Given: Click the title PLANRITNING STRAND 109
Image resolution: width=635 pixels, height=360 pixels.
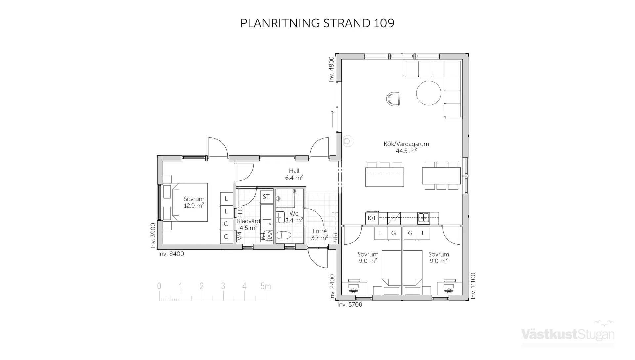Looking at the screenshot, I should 317,23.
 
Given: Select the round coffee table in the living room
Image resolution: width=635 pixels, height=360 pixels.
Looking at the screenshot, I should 428,93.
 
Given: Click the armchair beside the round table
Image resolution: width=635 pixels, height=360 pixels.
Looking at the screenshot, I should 393,99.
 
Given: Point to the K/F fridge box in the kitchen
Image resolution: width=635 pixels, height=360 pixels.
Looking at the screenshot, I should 372,218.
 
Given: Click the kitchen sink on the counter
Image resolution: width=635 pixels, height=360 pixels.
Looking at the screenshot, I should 424,218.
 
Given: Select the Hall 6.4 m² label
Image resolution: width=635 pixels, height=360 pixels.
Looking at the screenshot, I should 294,174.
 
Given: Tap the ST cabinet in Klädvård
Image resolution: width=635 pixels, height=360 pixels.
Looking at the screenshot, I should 266,197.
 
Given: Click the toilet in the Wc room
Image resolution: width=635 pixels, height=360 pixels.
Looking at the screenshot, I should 284,235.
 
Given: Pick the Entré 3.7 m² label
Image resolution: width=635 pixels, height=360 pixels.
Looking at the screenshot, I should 319,235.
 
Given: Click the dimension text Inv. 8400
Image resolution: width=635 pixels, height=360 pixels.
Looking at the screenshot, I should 171,254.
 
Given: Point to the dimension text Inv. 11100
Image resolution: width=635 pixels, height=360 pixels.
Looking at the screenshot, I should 473,286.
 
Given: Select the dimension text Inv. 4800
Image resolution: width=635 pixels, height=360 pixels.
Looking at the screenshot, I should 332,69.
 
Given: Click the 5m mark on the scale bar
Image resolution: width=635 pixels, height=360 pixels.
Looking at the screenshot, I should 265,286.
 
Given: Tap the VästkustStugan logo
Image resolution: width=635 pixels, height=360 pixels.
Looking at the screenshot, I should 568,334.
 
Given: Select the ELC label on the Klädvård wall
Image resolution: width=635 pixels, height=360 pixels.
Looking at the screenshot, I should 240,212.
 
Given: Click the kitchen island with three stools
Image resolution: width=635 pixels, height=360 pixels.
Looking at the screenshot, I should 385,177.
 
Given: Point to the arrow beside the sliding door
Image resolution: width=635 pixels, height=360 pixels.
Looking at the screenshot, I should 333,119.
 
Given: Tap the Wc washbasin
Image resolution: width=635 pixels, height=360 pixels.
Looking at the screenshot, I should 280,218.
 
